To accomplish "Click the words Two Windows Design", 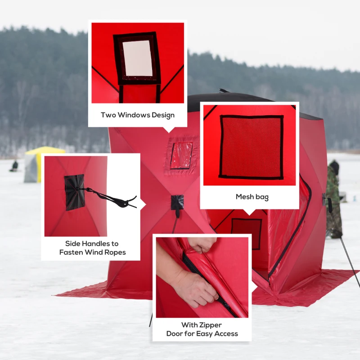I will [x=137, y=115].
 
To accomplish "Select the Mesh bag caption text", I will [x=252, y=197].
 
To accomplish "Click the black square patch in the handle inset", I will [x=74, y=192].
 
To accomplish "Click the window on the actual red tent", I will [x=181, y=155].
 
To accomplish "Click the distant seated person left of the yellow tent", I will [x=15, y=166].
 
